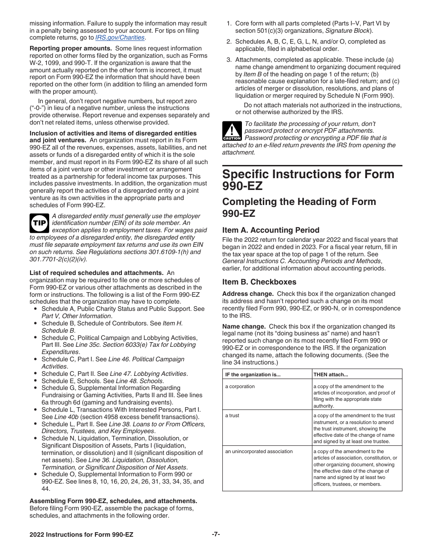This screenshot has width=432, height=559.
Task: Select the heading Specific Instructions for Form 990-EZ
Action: (x=308, y=180)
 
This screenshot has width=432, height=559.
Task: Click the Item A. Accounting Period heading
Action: (x=271, y=230)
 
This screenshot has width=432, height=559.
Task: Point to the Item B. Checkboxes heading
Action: (x=259, y=282)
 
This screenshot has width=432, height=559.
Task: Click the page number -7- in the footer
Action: (x=216, y=534)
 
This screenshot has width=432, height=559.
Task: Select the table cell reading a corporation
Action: (x=240, y=387)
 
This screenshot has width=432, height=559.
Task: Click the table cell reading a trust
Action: (x=232, y=416)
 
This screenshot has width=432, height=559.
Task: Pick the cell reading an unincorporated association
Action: (x=259, y=452)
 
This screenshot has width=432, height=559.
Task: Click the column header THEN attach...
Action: (x=331, y=375)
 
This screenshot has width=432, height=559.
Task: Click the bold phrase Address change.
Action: (x=248, y=294)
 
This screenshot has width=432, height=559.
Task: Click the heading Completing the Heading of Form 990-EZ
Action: (x=299, y=207)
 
